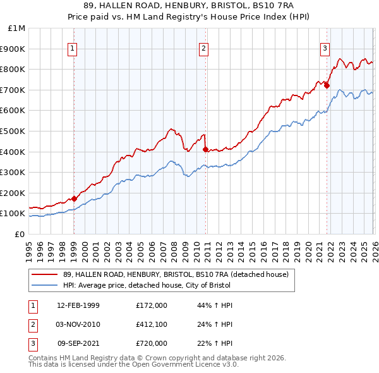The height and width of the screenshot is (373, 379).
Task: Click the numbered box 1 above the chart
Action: (x=73, y=47)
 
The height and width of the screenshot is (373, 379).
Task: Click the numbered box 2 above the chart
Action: (x=204, y=47)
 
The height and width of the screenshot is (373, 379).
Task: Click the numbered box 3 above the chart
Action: (x=325, y=47)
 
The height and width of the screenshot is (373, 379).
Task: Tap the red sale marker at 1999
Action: (x=75, y=199)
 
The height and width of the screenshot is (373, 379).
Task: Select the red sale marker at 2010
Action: (x=205, y=149)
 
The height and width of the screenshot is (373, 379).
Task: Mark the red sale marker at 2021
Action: (x=327, y=86)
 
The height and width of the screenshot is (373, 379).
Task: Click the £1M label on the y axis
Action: (x=17, y=28)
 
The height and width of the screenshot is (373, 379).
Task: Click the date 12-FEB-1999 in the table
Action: (x=78, y=305)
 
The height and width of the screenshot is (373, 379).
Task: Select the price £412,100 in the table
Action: (x=152, y=324)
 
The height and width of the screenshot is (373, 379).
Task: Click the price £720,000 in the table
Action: (x=152, y=343)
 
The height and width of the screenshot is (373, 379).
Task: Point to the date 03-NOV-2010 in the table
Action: (x=78, y=324)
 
